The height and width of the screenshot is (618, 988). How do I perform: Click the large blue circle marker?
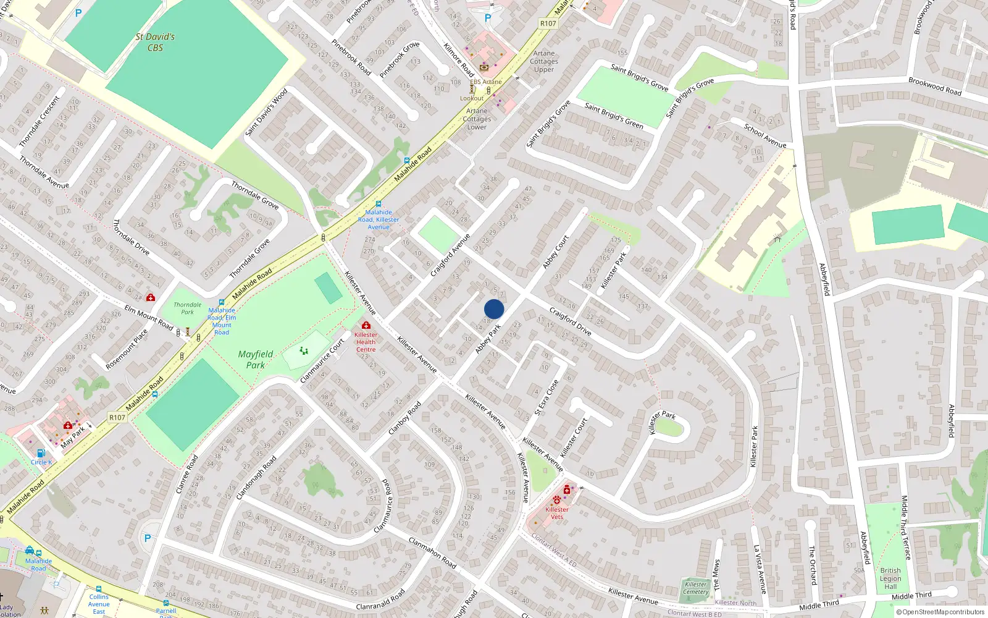pos(494,309)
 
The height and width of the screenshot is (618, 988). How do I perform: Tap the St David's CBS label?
pos(155,42)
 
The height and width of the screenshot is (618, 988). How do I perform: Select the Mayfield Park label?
pos(255,359)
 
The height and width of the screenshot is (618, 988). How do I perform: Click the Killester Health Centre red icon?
pos(366,325)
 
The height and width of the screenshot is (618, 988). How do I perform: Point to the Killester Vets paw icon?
pos(557,499)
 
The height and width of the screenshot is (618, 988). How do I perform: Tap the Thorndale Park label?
pos(187,308)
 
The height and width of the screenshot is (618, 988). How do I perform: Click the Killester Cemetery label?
pos(696,588)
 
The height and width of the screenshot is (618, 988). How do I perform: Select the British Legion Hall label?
pos(890,578)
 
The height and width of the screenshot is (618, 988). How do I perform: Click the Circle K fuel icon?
pos(41,453)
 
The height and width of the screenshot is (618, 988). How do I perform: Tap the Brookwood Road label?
pos(934,86)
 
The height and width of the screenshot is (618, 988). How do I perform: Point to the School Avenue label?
pos(765,136)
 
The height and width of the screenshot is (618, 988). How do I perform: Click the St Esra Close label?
pos(546,397)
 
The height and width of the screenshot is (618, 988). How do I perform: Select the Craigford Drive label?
pos(570,321)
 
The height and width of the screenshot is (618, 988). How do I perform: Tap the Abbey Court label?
pos(556,252)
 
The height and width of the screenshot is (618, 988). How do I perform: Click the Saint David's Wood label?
pos(266,112)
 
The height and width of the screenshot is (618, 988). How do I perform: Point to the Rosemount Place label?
pos(127,349)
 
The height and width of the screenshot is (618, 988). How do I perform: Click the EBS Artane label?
pos(486,82)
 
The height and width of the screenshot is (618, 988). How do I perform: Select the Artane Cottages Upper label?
pos(544,61)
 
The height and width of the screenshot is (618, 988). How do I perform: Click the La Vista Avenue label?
pos(760,569)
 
